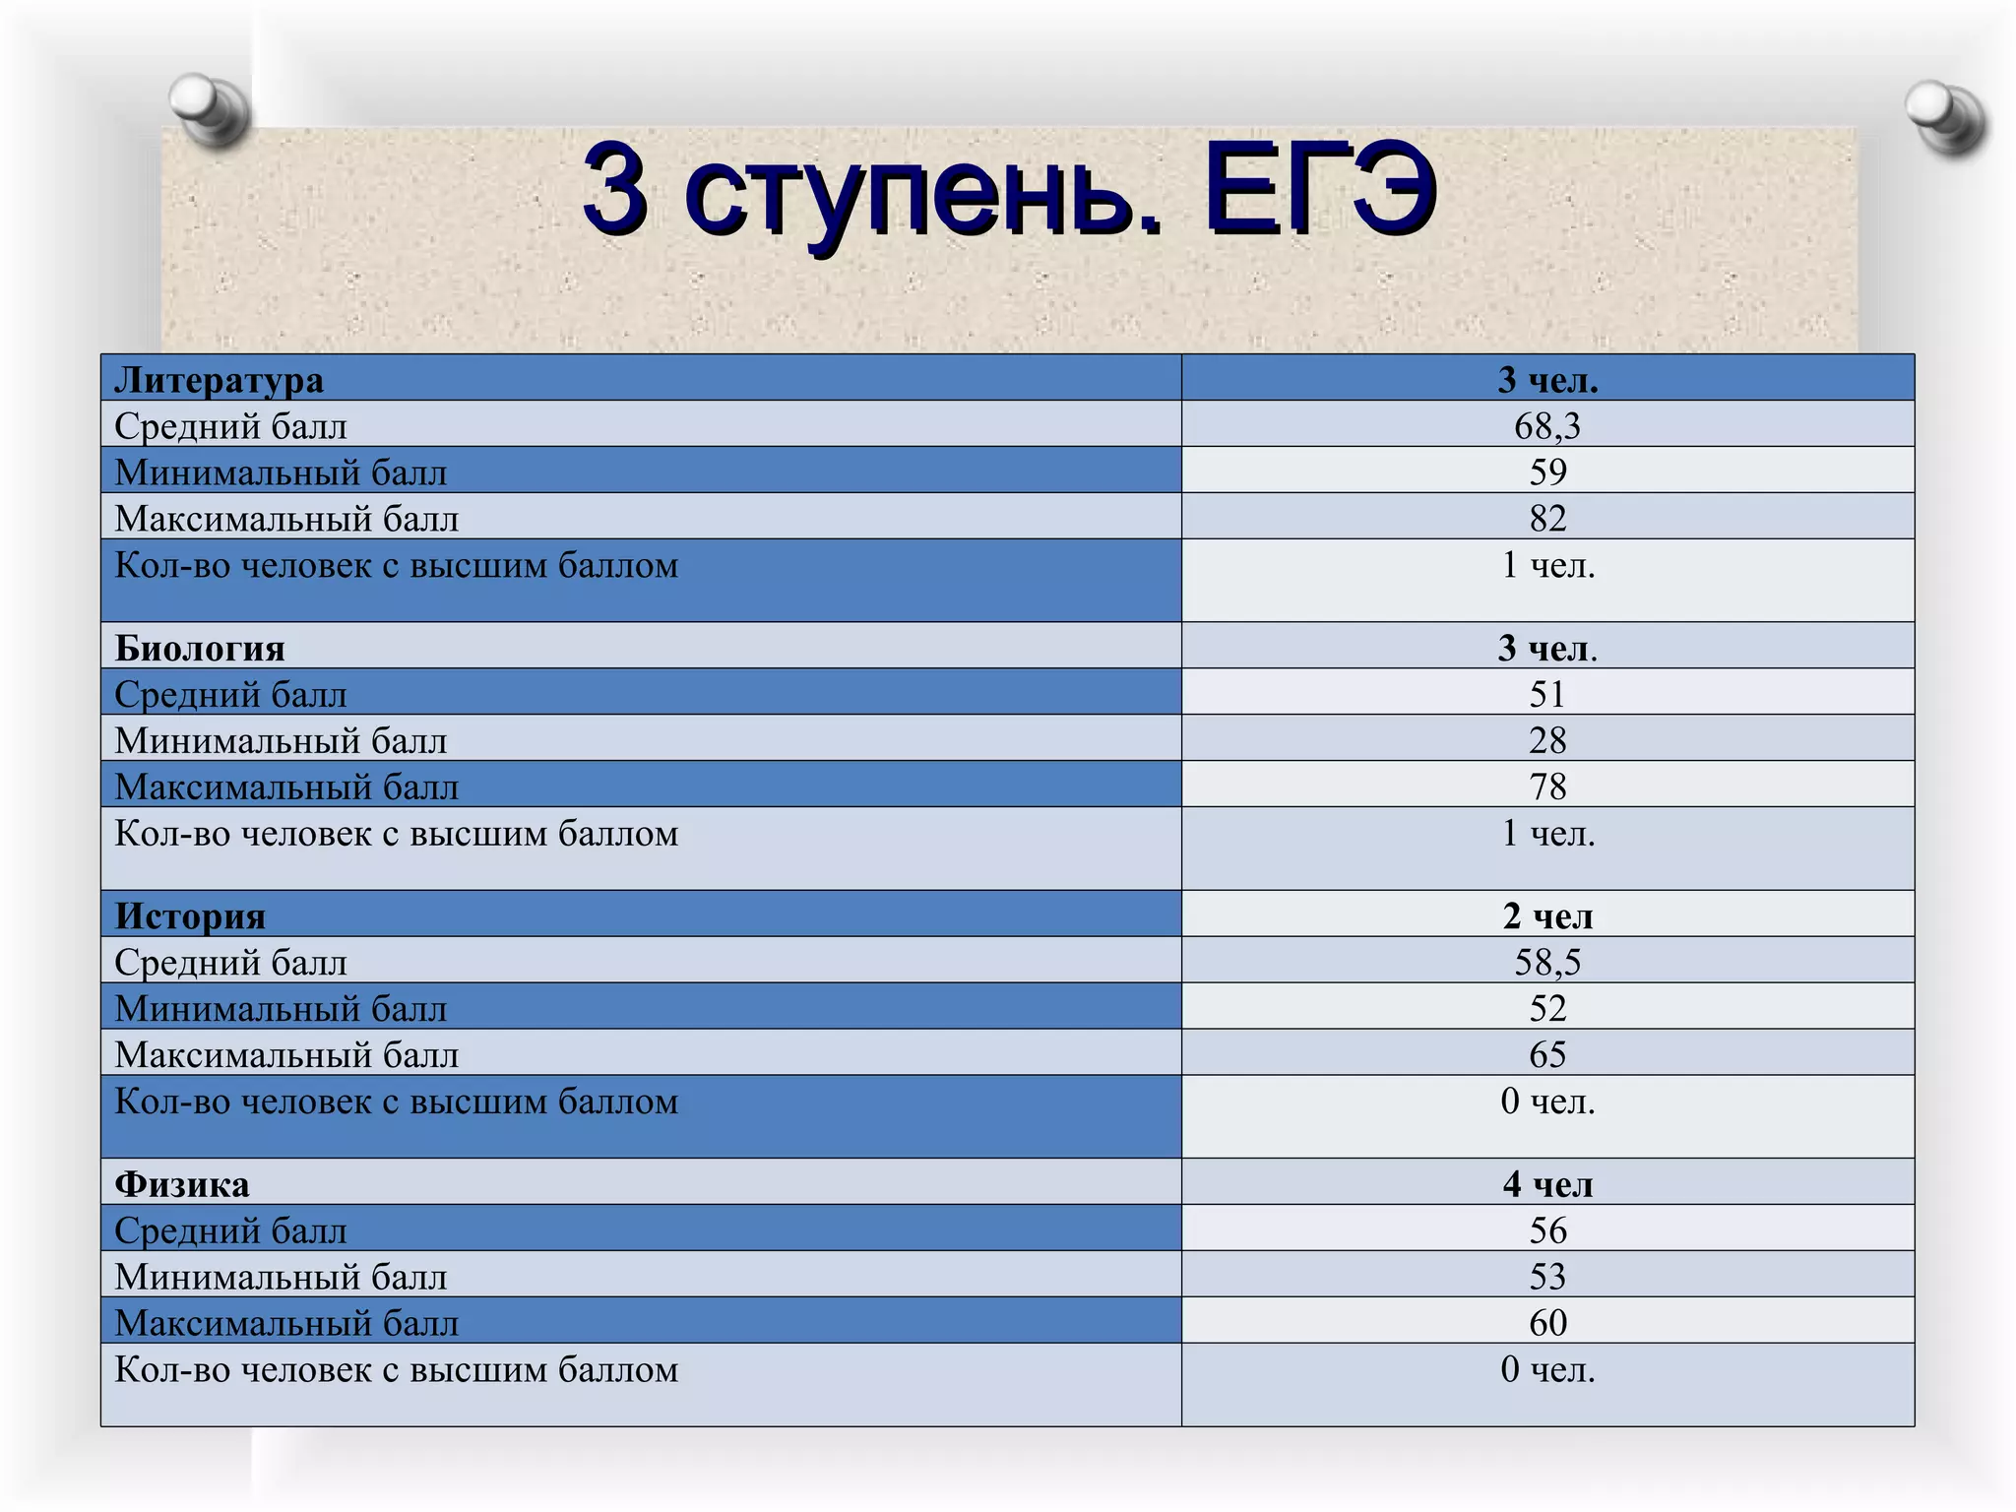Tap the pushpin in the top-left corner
[x=210, y=108]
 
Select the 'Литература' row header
[x=219, y=380]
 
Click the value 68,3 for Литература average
[x=1546, y=426]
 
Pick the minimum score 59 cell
[x=1546, y=472]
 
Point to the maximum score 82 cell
[x=1546, y=519]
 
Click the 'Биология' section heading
[x=200, y=649]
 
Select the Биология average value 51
[x=1546, y=695]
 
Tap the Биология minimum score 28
[x=1546, y=740]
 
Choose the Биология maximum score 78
[x=1546, y=787]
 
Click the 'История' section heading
[x=190, y=916]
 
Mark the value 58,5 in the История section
[x=1546, y=963]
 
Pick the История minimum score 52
[x=1546, y=1009]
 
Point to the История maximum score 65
[x=1546, y=1055]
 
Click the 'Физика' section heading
[x=182, y=1184]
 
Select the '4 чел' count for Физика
[x=1546, y=1184]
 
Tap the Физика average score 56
[x=1546, y=1230]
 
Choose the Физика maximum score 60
[x=1546, y=1323]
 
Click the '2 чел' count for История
[x=1546, y=916]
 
